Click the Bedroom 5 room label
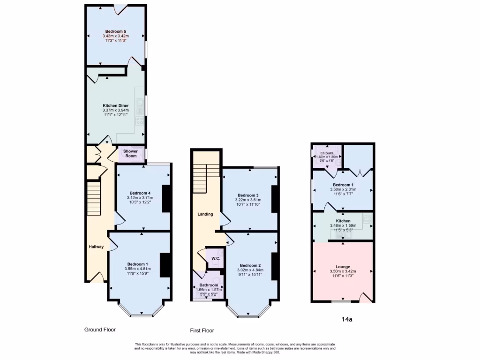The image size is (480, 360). pyautogui.click(x=115, y=31)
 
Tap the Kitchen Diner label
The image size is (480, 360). pyautogui.click(x=115, y=105)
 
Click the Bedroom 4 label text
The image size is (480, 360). pyautogui.click(x=140, y=193)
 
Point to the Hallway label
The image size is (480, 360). pyautogui.click(x=97, y=247)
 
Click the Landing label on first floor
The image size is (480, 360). pyautogui.click(x=205, y=214)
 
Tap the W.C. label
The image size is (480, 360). pyautogui.click(x=216, y=258)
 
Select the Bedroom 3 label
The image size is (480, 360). pyautogui.click(x=248, y=195)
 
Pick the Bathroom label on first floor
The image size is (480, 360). pyautogui.click(x=209, y=285)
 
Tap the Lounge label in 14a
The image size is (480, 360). pyautogui.click(x=343, y=267)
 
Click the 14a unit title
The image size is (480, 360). pyautogui.click(x=347, y=320)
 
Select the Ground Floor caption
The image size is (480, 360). pyautogui.click(x=100, y=330)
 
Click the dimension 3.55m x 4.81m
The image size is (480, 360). pyautogui.click(x=139, y=269)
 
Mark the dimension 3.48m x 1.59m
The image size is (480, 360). pyautogui.click(x=343, y=225)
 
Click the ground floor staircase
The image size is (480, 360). pyautogui.click(x=94, y=199)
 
